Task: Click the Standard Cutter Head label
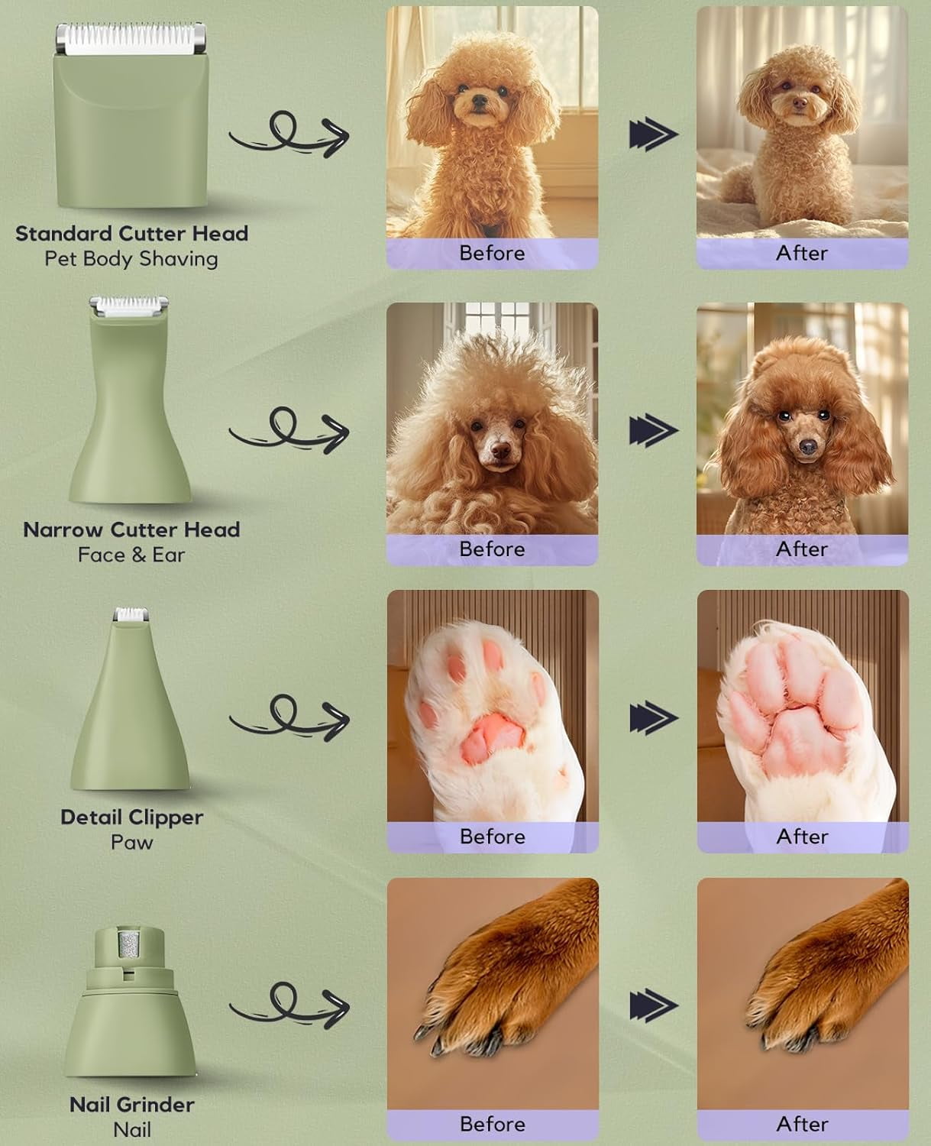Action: [132, 234]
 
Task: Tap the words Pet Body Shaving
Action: [131, 259]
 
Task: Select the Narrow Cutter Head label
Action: [132, 530]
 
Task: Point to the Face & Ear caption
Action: [132, 555]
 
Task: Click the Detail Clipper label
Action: [132, 817]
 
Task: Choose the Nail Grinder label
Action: [132, 1105]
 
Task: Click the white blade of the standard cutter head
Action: [130, 39]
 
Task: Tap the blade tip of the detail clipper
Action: [131, 614]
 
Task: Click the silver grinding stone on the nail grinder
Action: [129, 946]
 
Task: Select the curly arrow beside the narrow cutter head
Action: [289, 430]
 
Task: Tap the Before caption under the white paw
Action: [492, 837]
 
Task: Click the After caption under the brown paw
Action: [802, 1124]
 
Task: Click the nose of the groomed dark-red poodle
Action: [808, 446]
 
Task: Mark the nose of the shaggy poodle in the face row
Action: [501, 450]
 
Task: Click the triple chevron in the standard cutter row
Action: [654, 134]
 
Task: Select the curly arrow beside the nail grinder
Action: [289, 1006]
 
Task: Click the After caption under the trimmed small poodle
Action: [802, 254]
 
